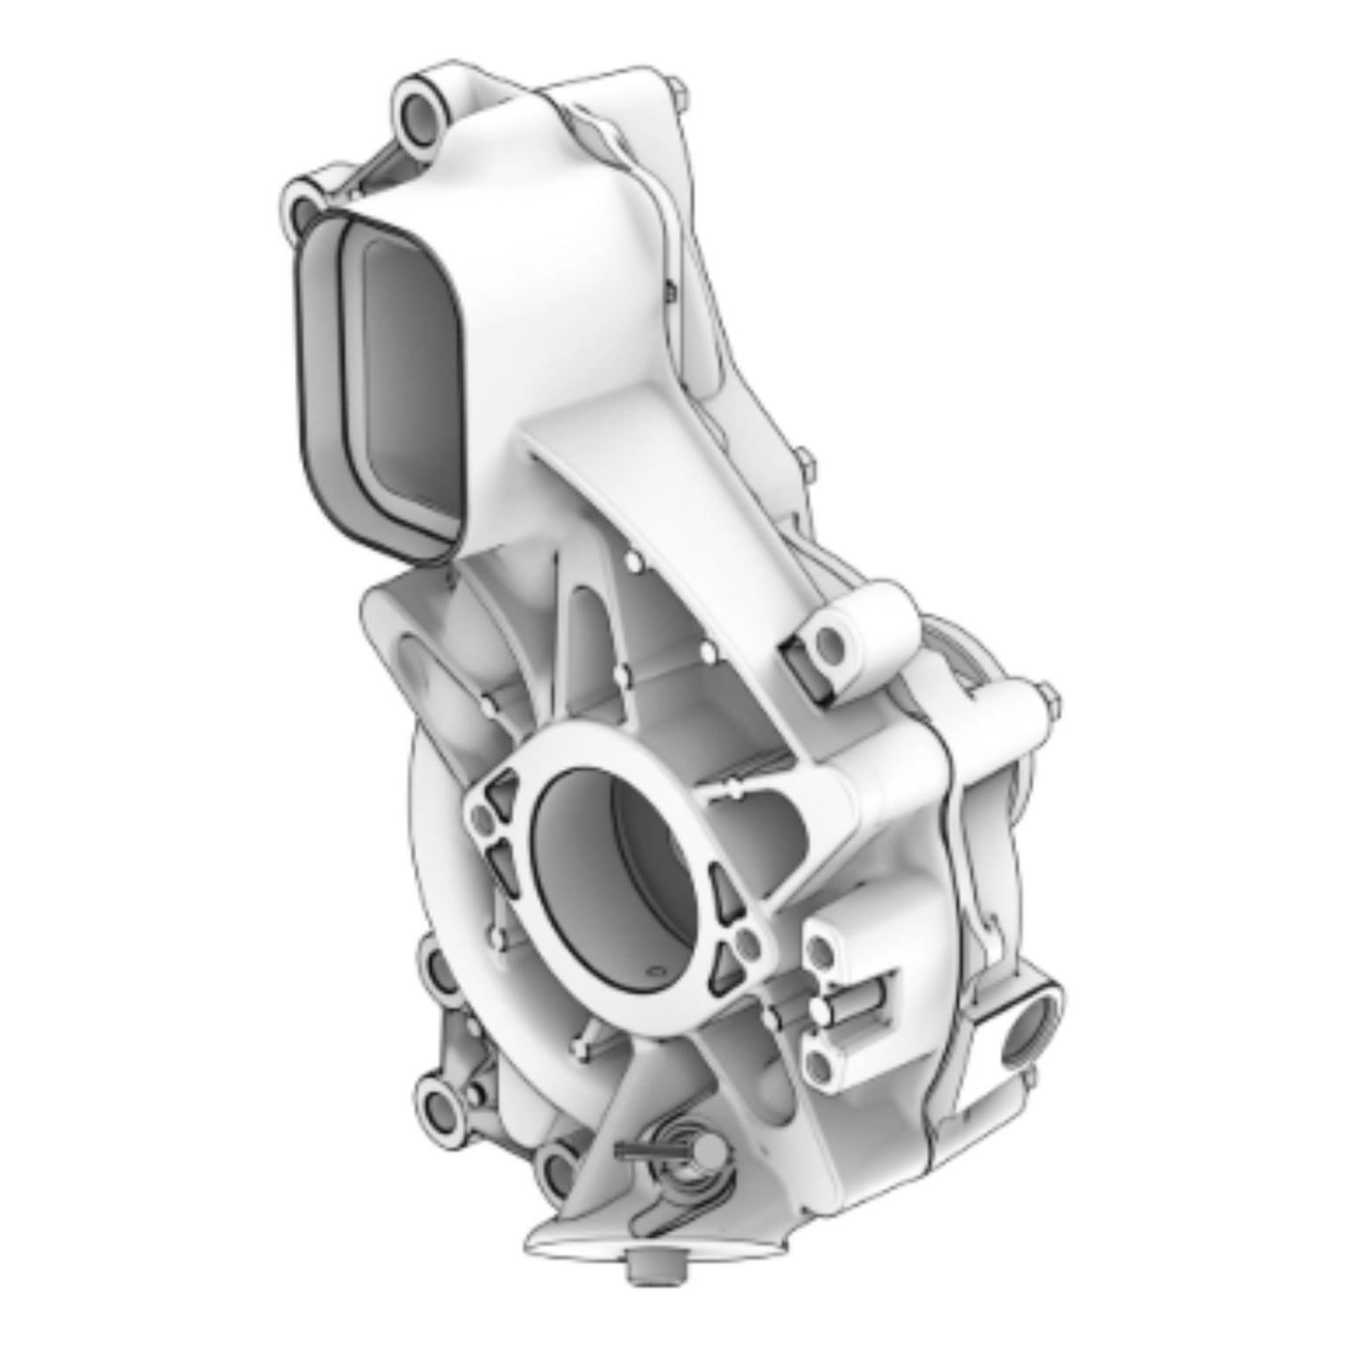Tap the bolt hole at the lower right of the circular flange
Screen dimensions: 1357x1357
coord(747,942)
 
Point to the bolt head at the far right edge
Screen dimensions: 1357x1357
coord(1049,699)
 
